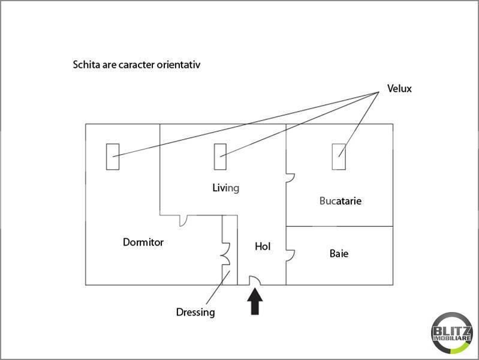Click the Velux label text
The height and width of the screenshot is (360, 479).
tap(399, 88)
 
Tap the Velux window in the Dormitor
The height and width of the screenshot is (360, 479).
tap(113, 157)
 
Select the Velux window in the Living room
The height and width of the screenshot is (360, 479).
tap(220, 157)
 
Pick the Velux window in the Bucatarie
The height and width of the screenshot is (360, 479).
tap(339, 157)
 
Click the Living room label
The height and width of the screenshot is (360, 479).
tap(226, 188)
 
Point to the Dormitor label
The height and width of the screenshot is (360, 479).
tap(143, 242)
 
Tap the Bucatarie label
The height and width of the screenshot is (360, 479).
tap(341, 201)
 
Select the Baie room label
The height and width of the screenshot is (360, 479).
tap(339, 254)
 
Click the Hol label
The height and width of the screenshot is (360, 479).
tap(263, 246)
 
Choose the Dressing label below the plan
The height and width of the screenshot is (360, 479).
tap(195, 312)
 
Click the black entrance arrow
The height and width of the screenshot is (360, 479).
tap(255, 302)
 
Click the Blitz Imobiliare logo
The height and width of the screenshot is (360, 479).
tap(452, 333)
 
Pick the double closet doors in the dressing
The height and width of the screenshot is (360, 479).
tap(226, 254)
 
